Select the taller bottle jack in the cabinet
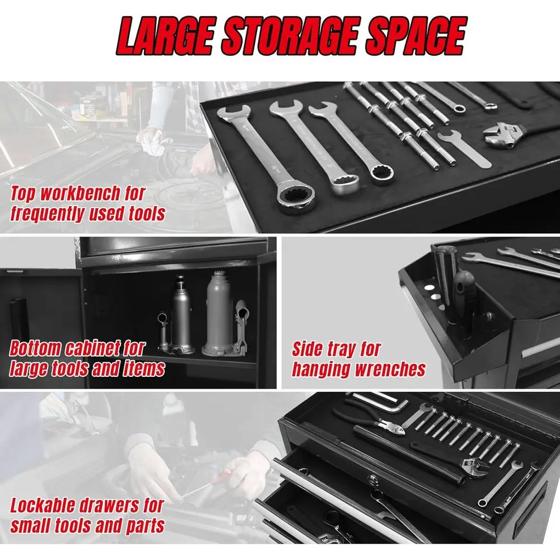tap(220, 314)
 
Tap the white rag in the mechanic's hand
tap(151, 138)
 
